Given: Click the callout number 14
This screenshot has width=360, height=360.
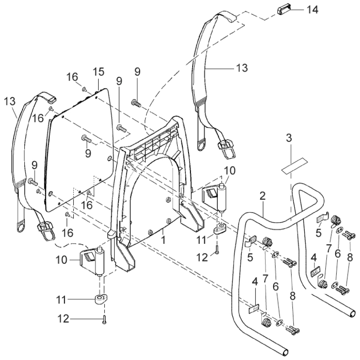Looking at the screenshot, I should [312, 9].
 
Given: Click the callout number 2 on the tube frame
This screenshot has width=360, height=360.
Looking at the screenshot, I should [262, 197].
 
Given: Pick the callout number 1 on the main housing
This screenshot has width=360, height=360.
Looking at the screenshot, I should [163, 240].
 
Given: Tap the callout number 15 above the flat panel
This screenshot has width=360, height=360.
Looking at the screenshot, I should [98, 72].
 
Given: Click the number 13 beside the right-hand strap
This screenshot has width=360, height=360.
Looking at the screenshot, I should [242, 68].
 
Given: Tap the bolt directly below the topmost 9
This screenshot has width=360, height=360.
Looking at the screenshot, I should [137, 103].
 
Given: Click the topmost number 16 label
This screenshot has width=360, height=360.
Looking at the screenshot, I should [73, 77].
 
